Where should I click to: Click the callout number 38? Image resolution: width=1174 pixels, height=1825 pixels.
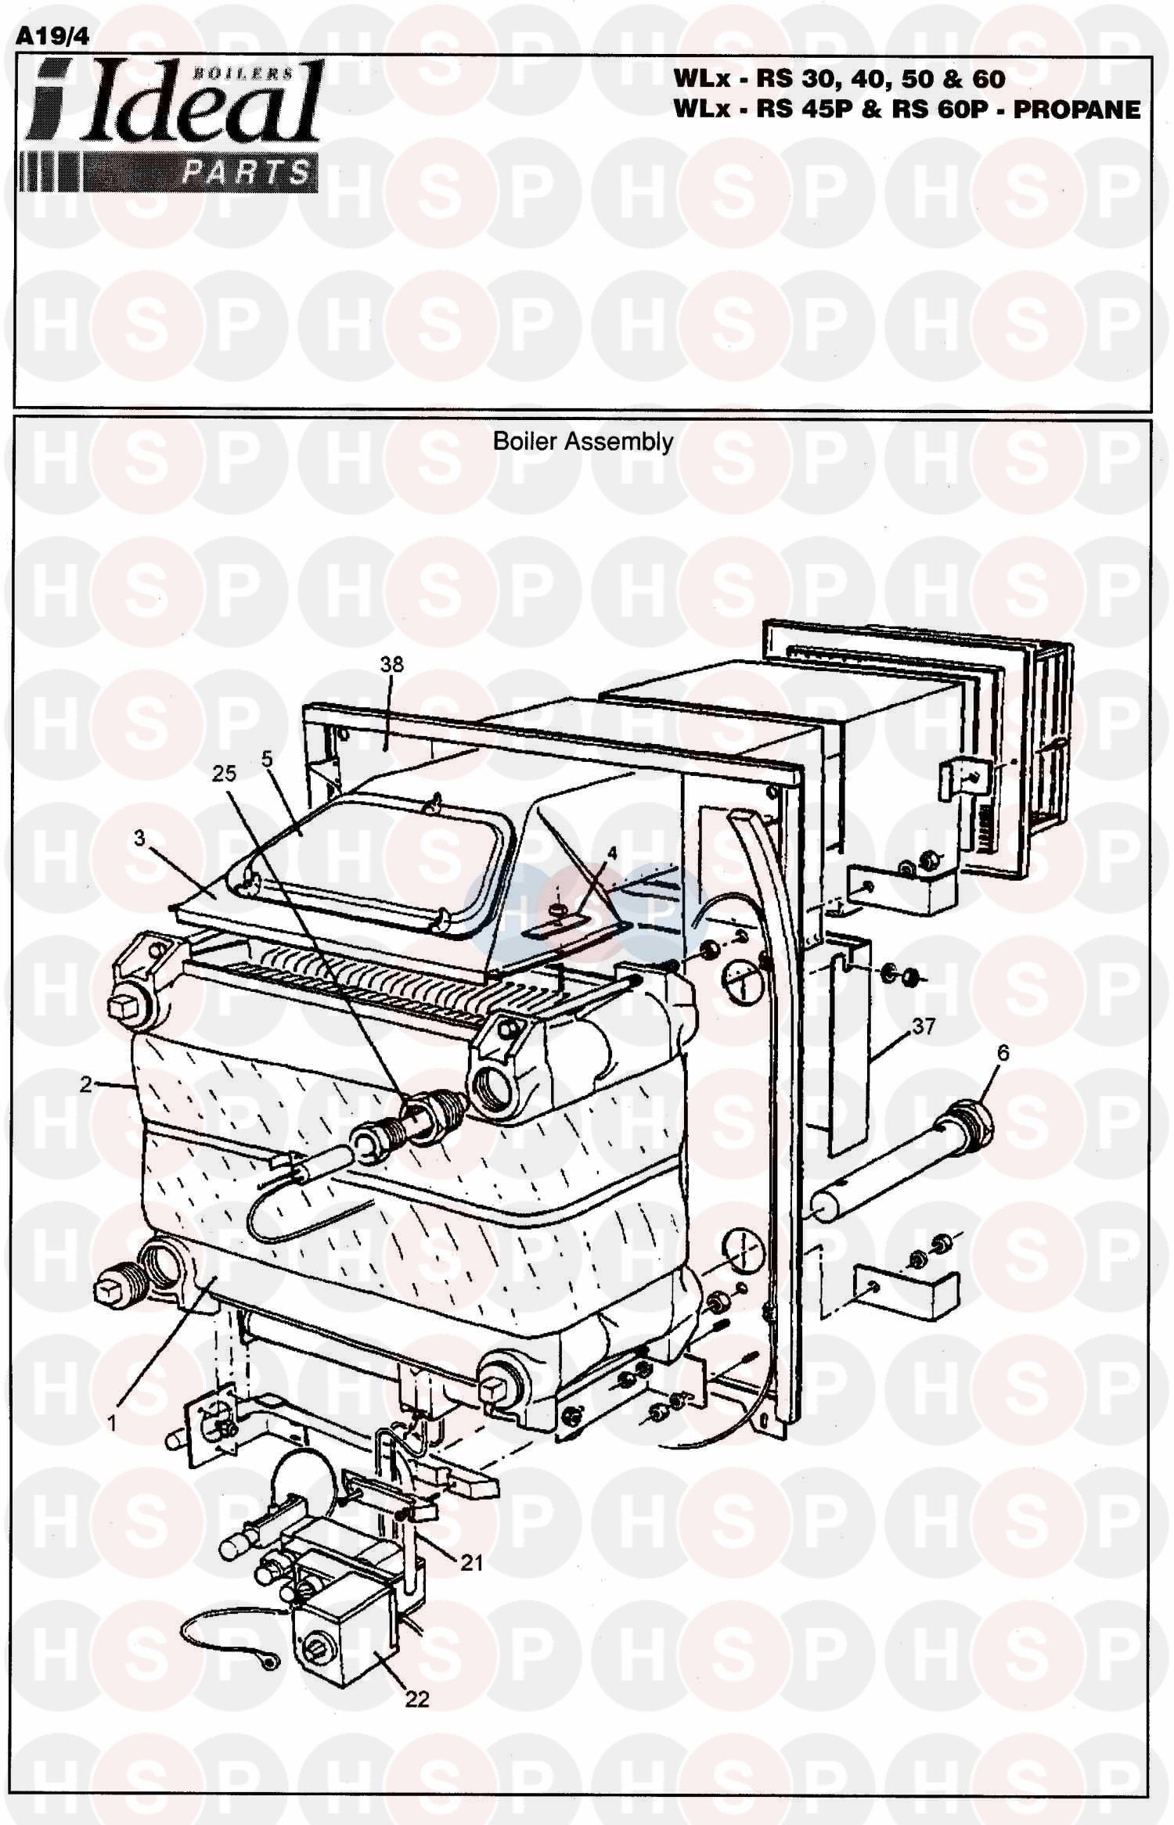coord(391,664)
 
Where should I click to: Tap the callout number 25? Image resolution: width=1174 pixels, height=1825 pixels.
coord(224,773)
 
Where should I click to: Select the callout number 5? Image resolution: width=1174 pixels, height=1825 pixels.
coord(267,759)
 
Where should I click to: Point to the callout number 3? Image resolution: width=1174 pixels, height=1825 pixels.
coord(140,839)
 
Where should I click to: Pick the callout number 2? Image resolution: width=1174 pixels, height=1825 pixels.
coord(85,1084)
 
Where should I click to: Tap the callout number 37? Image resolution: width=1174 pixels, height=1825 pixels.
coord(924,1026)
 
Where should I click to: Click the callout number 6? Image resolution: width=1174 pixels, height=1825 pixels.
coord(1003,1053)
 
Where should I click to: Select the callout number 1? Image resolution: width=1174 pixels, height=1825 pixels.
coord(112,1423)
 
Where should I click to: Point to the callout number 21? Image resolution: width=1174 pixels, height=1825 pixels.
coord(471,1563)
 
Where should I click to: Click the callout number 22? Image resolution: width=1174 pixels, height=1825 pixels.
coord(417,1699)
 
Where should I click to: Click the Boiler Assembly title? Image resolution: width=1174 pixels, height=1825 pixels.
coord(582,442)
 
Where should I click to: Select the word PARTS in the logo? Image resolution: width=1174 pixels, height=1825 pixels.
coord(245,172)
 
